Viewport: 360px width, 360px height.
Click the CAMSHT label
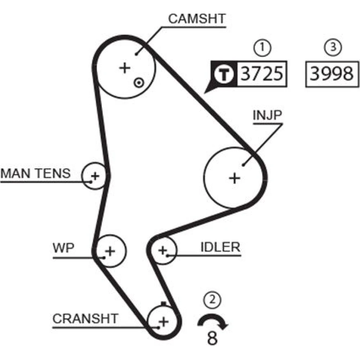click(x=197, y=19)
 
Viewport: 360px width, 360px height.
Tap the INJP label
click(x=267, y=116)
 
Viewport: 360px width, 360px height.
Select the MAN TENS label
click(x=36, y=174)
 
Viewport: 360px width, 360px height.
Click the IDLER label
click(x=220, y=247)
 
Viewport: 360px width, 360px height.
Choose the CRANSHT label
click(x=85, y=318)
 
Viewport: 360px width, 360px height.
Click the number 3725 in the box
click(x=261, y=74)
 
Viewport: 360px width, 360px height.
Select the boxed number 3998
click(x=332, y=74)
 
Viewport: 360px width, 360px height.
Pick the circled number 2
click(x=212, y=299)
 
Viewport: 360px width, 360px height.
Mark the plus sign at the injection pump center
click(x=235, y=178)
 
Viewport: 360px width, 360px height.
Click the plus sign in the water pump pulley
click(x=110, y=251)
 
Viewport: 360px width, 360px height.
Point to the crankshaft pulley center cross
click(x=163, y=321)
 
